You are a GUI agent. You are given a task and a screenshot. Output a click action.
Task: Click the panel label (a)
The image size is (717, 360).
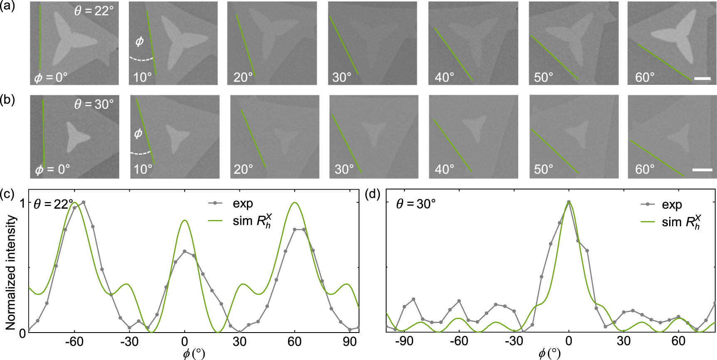(7, 7)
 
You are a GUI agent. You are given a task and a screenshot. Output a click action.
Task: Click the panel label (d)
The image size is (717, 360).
(372, 194)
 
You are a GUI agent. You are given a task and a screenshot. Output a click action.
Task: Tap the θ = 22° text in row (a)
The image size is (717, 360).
(94, 10)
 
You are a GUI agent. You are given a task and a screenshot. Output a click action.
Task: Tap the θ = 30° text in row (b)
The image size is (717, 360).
(94, 104)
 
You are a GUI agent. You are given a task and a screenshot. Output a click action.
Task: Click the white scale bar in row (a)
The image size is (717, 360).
(702, 78)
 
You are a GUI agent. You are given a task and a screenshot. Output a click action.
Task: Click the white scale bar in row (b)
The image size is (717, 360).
(702, 170)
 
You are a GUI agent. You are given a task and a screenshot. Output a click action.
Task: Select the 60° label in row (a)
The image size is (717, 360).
(645, 77)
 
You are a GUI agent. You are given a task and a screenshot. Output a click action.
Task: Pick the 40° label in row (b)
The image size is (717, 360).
(444, 169)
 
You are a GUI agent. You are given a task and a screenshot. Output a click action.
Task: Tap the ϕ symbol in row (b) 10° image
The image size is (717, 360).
(138, 133)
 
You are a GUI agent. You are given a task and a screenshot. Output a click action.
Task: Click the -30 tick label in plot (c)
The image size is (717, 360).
(129, 342)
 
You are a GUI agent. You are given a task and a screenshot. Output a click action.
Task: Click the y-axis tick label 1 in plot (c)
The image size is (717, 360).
(22, 203)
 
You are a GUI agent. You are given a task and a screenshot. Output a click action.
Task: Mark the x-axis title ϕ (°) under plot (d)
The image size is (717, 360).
(549, 354)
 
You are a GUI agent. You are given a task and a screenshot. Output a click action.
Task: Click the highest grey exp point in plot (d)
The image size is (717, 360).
(569, 202)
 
